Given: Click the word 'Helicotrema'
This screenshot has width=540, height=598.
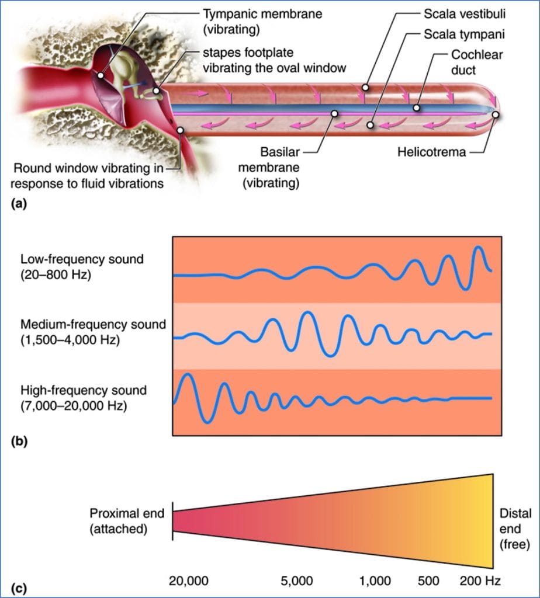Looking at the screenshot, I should pyautogui.click(x=431, y=153).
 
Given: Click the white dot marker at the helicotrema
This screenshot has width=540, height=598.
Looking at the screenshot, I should pyautogui.click(x=496, y=115).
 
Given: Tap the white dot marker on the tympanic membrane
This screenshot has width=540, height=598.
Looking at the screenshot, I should pyautogui.click(x=101, y=76).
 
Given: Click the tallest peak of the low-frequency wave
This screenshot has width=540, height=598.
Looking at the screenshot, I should pyautogui.click(x=479, y=247).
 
